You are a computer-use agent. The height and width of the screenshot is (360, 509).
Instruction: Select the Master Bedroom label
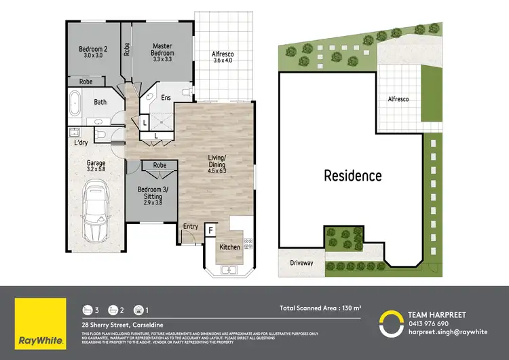162,50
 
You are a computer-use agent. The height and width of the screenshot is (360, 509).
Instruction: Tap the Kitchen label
230,247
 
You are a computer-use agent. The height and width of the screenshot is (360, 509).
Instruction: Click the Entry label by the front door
191,226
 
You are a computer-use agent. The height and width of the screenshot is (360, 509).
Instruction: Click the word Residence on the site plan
352,176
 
